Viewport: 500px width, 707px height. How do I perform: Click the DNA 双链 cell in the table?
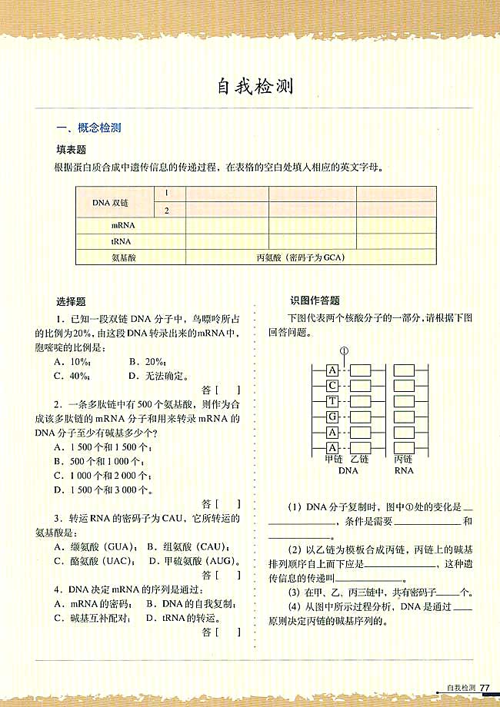point(110,203)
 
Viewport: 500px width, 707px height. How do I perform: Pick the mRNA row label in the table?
point(123,226)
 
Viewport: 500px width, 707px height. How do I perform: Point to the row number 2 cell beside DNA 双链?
point(166,211)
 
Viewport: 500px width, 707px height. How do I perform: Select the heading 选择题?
point(71,302)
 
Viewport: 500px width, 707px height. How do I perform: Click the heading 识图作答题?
point(315,300)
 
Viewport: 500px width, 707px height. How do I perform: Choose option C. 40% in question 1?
point(72,376)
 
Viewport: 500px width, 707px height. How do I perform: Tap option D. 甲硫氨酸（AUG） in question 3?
point(192,560)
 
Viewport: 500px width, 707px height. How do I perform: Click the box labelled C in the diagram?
point(332,385)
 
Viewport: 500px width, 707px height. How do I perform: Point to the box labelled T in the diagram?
point(332,401)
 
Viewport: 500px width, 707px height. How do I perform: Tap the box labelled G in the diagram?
point(332,417)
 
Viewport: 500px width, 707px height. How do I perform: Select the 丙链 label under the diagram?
point(403,459)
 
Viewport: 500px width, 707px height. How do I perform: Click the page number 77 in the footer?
point(485,688)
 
